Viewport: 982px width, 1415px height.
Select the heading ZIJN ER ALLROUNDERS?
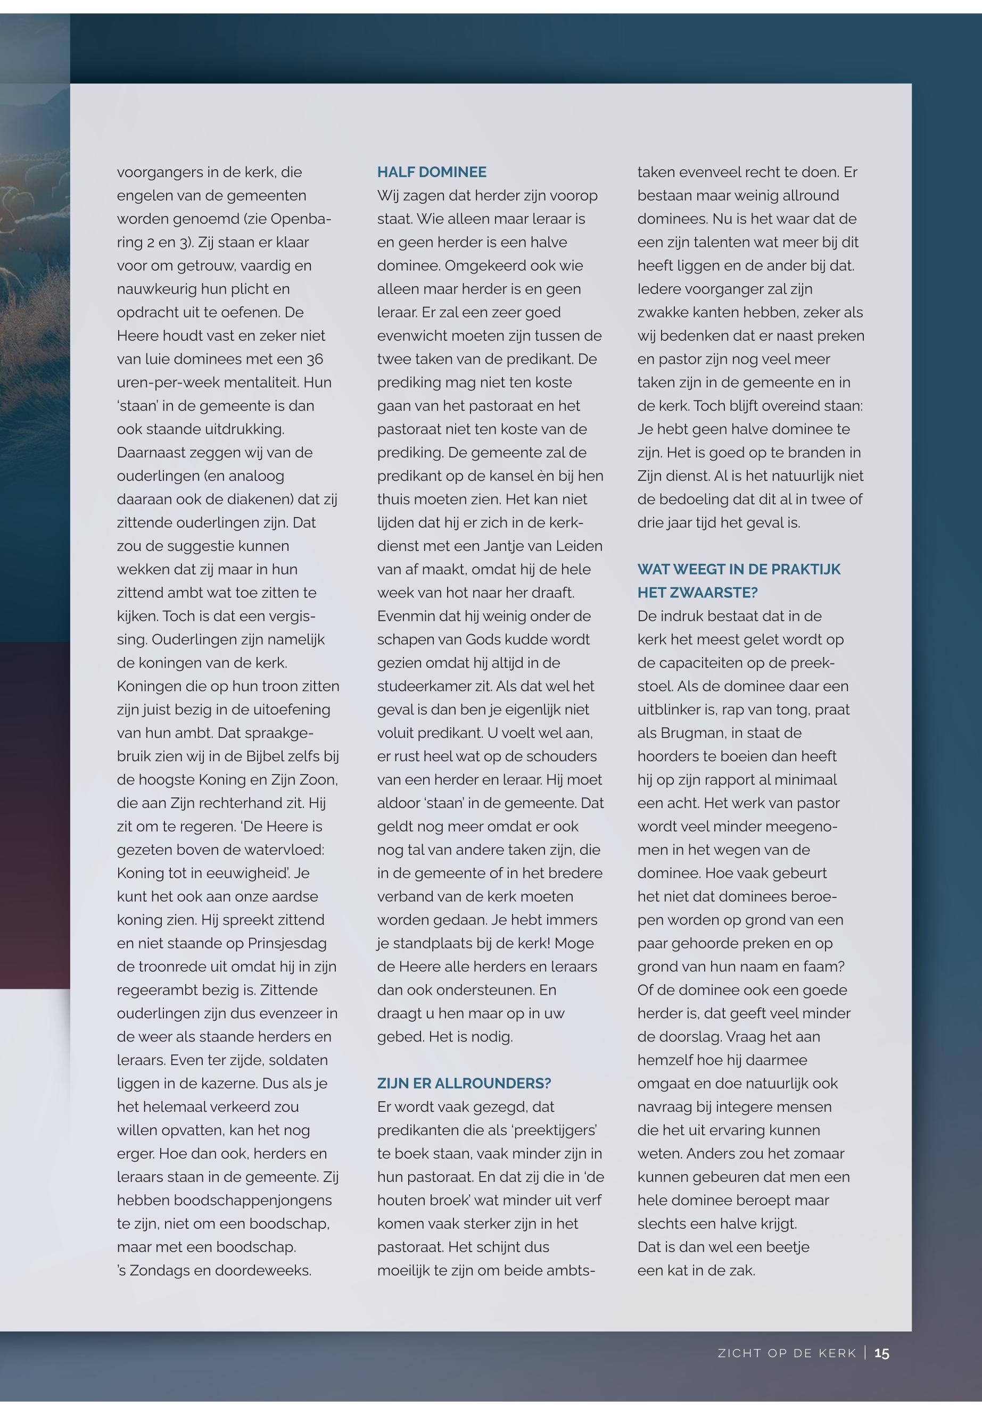coord(464,1084)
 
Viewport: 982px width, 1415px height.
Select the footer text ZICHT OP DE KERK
coord(787,1353)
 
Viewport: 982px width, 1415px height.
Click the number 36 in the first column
coord(315,359)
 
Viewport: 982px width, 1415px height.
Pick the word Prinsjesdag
coord(287,943)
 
